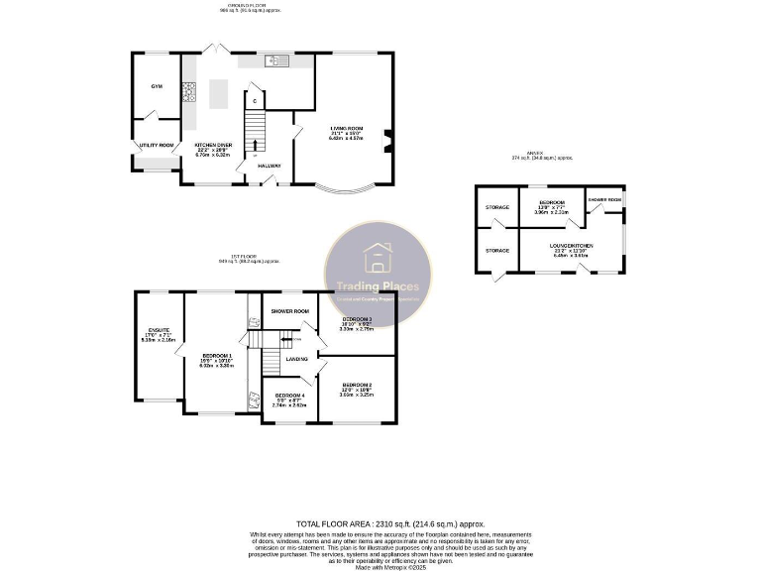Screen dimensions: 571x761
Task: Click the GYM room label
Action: click(156, 86)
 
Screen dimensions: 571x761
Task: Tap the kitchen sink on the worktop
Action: click(274, 61)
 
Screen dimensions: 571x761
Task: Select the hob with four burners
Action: click(188, 93)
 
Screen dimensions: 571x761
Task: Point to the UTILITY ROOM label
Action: click(156, 146)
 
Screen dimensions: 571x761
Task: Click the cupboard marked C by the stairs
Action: click(255, 101)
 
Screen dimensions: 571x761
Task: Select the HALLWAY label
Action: click(269, 166)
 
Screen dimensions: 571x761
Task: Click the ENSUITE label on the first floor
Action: click(159, 330)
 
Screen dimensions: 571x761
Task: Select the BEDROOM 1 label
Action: click(217, 356)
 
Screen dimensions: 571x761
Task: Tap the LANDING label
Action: click(296, 358)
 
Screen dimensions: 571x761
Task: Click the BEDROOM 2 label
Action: click(357, 385)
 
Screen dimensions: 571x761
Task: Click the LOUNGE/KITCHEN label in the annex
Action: click(572, 245)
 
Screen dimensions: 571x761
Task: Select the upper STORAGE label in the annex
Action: click(496, 207)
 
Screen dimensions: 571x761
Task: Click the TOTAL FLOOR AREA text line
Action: click(380, 522)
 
